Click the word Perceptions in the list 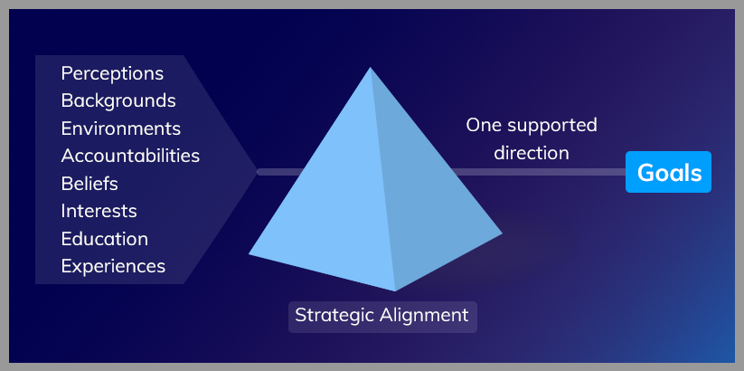click(x=112, y=74)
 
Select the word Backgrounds click(x=118, y=100)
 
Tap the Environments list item click(x=121, y=128)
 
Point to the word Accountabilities click(x=130, y=156)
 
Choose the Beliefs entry click(x=89, y=184)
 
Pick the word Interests click(x=99, y=211)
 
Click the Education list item click(x=105, y=239)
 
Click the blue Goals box click(x=668, y=172)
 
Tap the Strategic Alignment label click(x=382, y=317)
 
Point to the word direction click(x=532, y=153)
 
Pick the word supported click(x=551, y=126)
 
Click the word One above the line click(x=484, y=126)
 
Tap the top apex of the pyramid click(x=370, y=68)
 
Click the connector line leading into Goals click(x=538, y=172)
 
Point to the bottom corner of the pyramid click(x=395, y=290)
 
